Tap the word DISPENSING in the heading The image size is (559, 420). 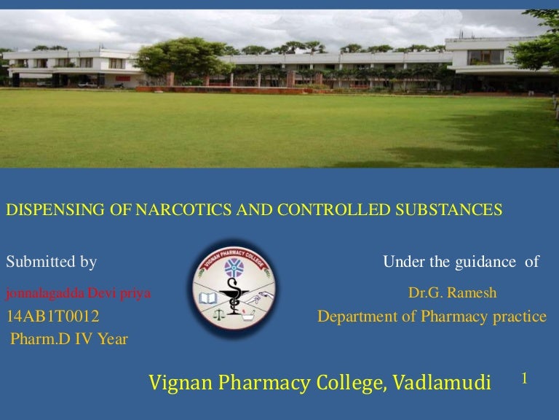pos(46,210)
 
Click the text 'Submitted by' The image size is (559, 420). pos(51,262)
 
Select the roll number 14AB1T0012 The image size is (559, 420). pos(52,316)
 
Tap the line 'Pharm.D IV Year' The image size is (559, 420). pos(69,339)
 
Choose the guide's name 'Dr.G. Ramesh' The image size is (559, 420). pos(452,293)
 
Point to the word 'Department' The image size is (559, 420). pos(360,316)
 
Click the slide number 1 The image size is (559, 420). pos(524,378)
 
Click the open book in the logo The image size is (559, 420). pos(210,298)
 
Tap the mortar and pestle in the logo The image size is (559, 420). pos(248,316)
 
